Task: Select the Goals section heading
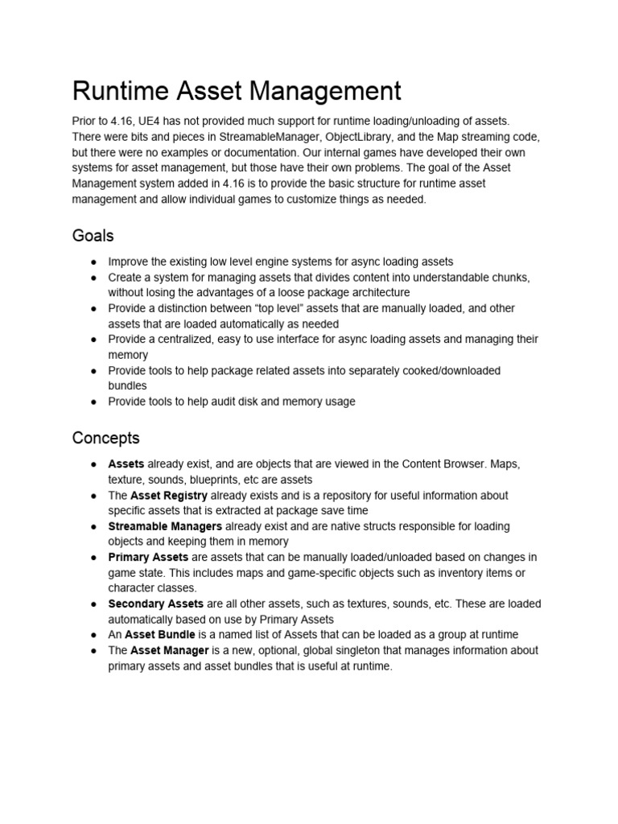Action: click(x=93, y=236)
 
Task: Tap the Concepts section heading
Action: click(x=105, y=438)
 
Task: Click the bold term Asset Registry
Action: click(x=168, y=495)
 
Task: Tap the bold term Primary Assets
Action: click(x=148, y=557)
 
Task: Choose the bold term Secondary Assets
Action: click(x=156, y=604)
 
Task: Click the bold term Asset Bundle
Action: click(x=159, y=634)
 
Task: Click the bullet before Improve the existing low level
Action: click(x=94, y=262)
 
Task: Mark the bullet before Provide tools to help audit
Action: click(x=94, y=402)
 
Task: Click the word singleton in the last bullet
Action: click(x=358, y=650)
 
